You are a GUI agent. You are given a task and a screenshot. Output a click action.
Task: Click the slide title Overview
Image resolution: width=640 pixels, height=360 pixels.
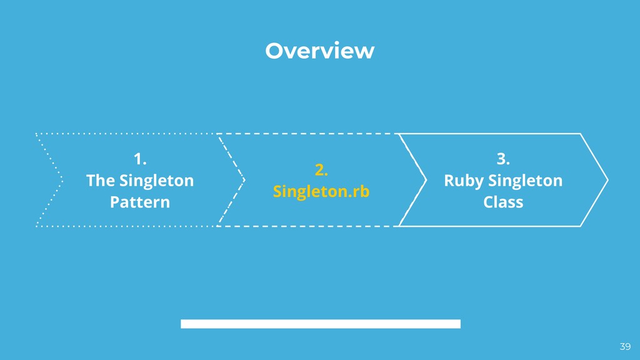click(319, 51)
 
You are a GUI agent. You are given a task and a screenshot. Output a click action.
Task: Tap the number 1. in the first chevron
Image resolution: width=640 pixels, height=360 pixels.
click(140, 159)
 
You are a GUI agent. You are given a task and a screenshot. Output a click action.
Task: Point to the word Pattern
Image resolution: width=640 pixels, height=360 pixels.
click(140, 202)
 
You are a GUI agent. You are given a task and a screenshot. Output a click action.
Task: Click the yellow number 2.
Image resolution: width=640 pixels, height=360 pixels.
click(321, 169)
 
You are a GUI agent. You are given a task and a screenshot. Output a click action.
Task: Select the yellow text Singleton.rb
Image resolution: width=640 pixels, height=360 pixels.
click(321, 191)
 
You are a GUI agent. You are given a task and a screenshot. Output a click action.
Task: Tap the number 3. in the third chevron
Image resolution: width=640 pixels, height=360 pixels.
click(503, 159)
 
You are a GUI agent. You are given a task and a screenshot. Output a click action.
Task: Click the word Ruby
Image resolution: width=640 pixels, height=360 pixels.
click(463, 181)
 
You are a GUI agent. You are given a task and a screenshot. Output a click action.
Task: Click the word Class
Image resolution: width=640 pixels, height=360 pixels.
click(503, 202)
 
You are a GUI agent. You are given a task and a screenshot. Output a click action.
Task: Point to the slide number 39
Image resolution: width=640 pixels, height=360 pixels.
click(625, 347)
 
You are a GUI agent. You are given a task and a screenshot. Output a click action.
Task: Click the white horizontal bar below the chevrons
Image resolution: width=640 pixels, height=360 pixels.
click(321, 324)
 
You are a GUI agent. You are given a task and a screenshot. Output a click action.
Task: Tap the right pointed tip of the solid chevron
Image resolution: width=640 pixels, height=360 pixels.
click(607, 180)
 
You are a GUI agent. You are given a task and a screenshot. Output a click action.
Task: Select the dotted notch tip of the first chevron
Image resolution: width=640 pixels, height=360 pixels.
click(62, 180)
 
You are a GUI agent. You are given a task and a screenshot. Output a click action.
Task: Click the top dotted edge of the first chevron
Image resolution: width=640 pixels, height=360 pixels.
click(125, 134)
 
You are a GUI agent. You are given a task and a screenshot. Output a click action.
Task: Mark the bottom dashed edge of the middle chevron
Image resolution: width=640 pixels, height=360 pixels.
click(306, 226)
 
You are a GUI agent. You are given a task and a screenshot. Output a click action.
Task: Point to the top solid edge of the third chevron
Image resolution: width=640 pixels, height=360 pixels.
click(491, 134)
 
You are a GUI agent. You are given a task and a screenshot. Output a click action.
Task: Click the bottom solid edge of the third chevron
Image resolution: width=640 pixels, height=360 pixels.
click(491, 226)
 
